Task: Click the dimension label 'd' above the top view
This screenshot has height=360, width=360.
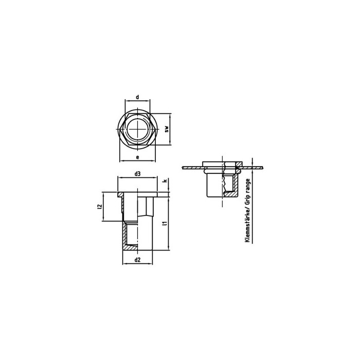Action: (137, 97)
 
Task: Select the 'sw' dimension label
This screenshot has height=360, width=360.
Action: (167, 129)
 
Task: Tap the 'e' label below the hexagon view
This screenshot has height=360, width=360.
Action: (137, 156)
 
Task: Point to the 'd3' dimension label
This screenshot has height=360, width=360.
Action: (137, 174)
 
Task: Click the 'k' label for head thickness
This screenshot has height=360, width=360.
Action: (165, 182)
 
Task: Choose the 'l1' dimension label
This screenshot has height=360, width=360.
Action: (164, 223)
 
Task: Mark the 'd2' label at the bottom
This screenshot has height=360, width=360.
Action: (137, 260)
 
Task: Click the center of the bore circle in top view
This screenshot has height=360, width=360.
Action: (137, 129)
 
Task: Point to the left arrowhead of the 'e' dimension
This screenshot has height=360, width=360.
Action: (121, 161)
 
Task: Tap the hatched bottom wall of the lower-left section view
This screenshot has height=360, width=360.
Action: (137, 248)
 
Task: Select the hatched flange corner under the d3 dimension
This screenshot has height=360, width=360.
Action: (121, 194)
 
